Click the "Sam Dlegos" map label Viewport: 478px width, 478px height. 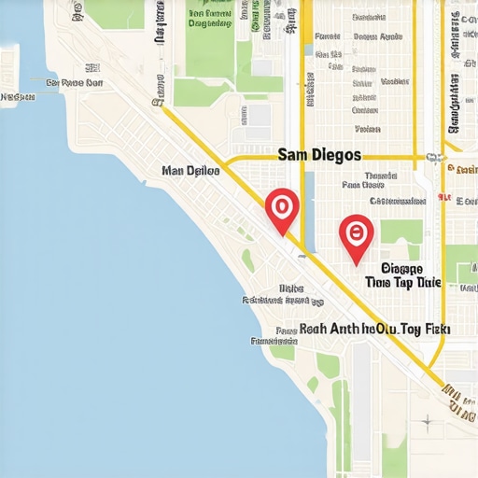click(x=318, y=154)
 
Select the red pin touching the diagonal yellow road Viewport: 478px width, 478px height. click(x=281, y=209)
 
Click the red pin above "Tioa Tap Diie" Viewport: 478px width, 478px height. click(x=356, y=235)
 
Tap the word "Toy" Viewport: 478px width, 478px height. click(x=411, y=330)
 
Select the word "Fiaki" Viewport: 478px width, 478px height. click(x=436, y=330)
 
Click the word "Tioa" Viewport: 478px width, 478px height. click(x=378, y=281)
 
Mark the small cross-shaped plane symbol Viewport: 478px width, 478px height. click(x=426, y=421)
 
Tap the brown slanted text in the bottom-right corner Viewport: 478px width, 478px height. click(x=458, y=397)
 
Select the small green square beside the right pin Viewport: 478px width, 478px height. click(x=401, y=232)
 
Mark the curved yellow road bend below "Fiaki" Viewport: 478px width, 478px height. click(x=438, y=356)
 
